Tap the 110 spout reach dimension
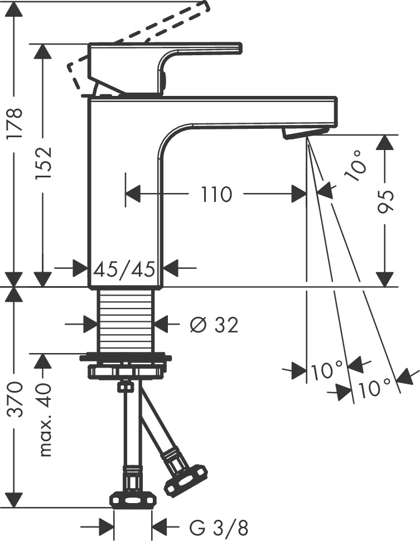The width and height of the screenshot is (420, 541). (216, 195)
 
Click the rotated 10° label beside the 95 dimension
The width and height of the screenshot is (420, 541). (355, 166)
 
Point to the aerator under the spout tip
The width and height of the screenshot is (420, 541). (303, 133)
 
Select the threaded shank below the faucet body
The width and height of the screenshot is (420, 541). (125, 321)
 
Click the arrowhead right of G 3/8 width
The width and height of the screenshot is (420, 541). (158, 526)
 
